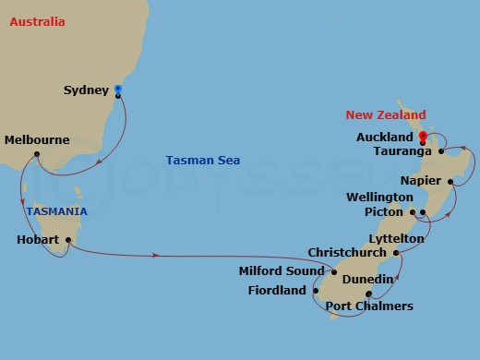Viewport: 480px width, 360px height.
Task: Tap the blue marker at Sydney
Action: tap(117, 90)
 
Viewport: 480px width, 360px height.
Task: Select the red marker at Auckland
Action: tap(423, 137)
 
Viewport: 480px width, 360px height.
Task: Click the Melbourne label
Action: tap(37, 140)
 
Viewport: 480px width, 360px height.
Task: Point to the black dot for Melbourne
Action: tap(36, 153)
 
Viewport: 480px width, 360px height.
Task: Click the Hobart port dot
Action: tap(67, 241)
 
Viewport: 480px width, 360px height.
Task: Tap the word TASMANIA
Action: tap(56, 211)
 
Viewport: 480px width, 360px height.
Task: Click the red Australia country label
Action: tap(37, 20)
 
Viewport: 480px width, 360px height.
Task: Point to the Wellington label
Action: tap(379, 198)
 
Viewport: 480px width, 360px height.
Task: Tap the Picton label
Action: tap(387, 212)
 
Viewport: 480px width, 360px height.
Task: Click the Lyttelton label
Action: tap(398, 238)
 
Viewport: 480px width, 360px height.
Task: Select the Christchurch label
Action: tap(346, 252)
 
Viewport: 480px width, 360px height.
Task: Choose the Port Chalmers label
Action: tap(369, 306)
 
